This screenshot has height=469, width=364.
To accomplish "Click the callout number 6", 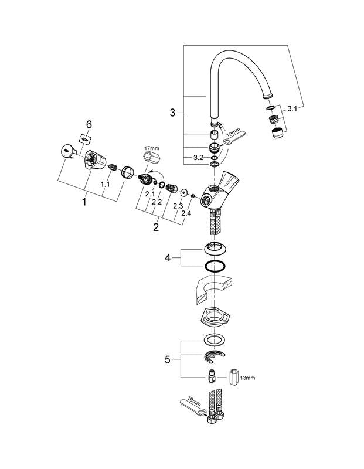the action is (x=89, y=124).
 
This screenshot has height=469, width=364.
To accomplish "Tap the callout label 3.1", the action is (x=292, y=109).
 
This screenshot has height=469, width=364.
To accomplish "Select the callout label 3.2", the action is (x=198, y=158).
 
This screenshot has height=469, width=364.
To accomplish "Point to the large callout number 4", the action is (x=168, y=257).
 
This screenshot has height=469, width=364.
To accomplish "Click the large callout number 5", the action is (x=168, y=359).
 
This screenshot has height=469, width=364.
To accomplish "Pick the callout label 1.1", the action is (x=105, y=185).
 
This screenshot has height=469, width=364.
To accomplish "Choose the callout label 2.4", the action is (x=186, y=213).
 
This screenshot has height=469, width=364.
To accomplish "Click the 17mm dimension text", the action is (x=152, y=148).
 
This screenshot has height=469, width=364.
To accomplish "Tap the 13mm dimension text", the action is (x=248, y=378).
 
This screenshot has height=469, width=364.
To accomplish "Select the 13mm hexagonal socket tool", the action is (x=233, y=378).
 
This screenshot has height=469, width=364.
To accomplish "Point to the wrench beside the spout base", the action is (x=234, y=138).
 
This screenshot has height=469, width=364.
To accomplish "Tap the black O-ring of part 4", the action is (x=215, y=266).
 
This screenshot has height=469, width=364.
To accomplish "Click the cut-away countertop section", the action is (x=213, y=288).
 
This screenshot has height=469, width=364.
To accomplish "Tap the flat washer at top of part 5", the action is (x=215, y=340).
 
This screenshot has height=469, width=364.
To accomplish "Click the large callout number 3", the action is (x=172, y=113).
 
